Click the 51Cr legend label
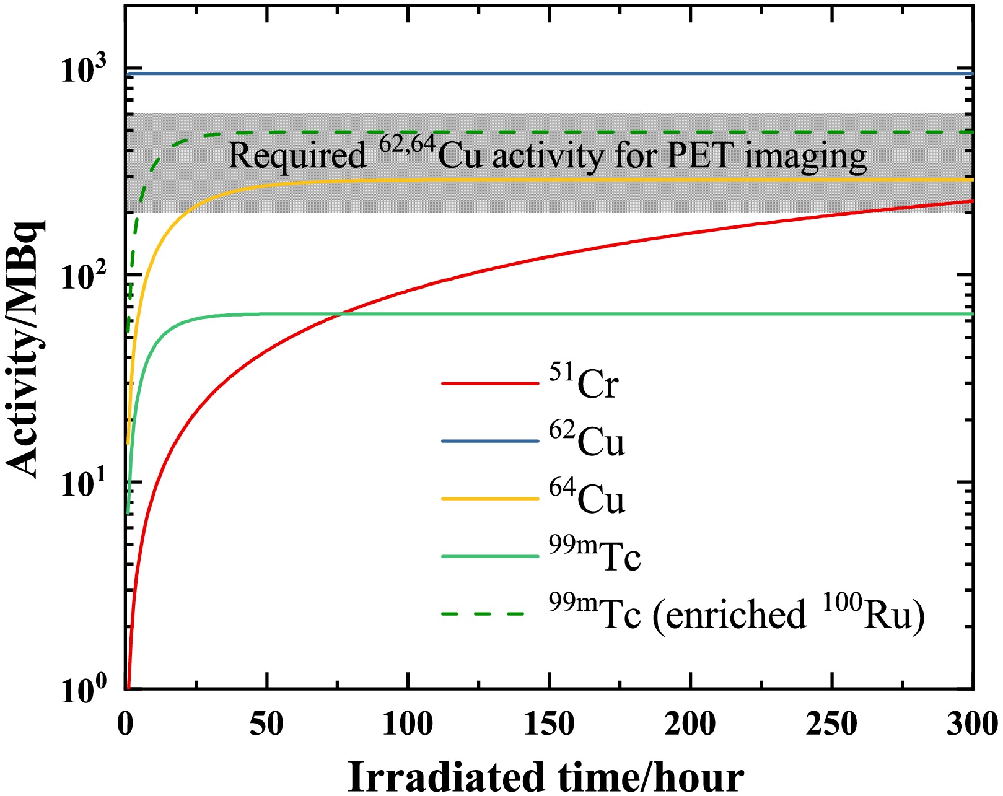pos(584,383)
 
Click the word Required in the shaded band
pos(297,155)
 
